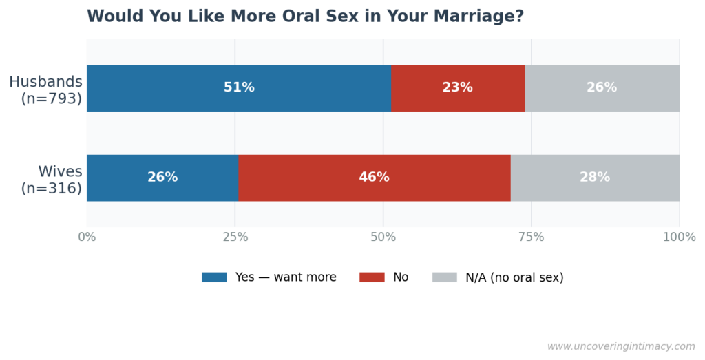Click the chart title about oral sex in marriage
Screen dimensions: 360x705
coord(305,17)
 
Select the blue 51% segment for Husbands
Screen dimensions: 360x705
coord(239,88)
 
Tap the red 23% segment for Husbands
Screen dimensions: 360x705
coord(458,88)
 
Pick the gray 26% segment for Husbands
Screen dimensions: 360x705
coord(602,88)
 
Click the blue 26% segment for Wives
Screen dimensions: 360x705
coord(162,178)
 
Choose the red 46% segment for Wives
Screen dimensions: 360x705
coord(374,178)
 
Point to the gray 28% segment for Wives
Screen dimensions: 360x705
coord(595,178)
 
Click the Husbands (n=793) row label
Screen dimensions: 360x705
coord(46,90)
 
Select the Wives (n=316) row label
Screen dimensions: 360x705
coord(52,180)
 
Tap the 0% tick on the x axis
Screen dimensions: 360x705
coord(87,237)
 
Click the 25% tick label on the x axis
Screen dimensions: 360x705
coord(235,237)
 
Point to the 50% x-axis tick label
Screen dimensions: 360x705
coord(383,237)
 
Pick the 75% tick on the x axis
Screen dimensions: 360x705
coord(531,237)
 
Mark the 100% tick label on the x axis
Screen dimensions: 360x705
coord(679,237)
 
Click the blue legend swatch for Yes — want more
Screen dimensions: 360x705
coord(214,277)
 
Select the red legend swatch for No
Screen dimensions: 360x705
coord(372,277)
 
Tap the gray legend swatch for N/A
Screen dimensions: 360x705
coord(444,277)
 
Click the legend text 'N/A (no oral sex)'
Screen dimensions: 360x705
coord(514,277)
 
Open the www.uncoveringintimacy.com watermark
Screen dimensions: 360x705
coord(621,347)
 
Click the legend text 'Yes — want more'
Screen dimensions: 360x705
coord(286,277)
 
